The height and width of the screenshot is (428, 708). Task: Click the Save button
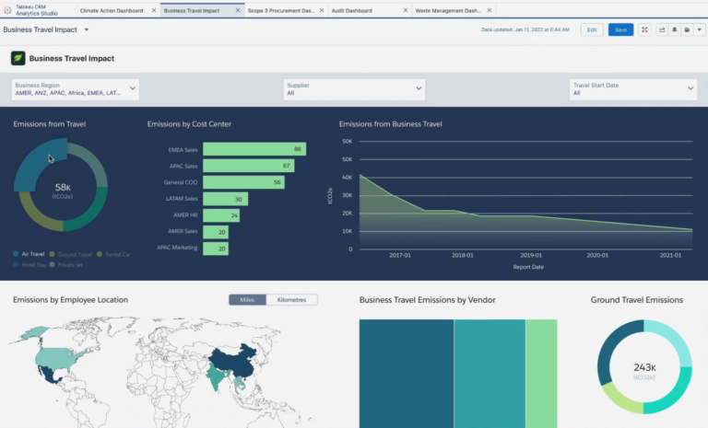tap(620, 29)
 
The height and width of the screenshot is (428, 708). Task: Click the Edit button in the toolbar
tap(592, 29)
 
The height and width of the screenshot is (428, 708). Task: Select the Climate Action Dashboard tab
tap(111, 10)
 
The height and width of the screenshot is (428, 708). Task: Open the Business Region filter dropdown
tap(76, 88)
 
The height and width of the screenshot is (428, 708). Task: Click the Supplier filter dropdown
tap(354, 88)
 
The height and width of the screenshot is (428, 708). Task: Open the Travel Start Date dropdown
tap(633, 88)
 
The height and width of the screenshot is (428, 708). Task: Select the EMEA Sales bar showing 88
tap(254, 149)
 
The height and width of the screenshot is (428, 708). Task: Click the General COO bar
tap(242, 182)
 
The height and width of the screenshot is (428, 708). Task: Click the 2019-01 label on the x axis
tap(531, 256)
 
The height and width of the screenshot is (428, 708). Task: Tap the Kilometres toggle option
tap(291, 300)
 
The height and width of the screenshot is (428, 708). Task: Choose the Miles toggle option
tap(247, 300)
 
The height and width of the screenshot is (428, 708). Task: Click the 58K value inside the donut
tap(64, 187)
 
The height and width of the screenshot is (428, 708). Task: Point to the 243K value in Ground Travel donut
tap(644, 367)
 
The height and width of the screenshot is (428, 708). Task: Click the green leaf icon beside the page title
tap(18, 58)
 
